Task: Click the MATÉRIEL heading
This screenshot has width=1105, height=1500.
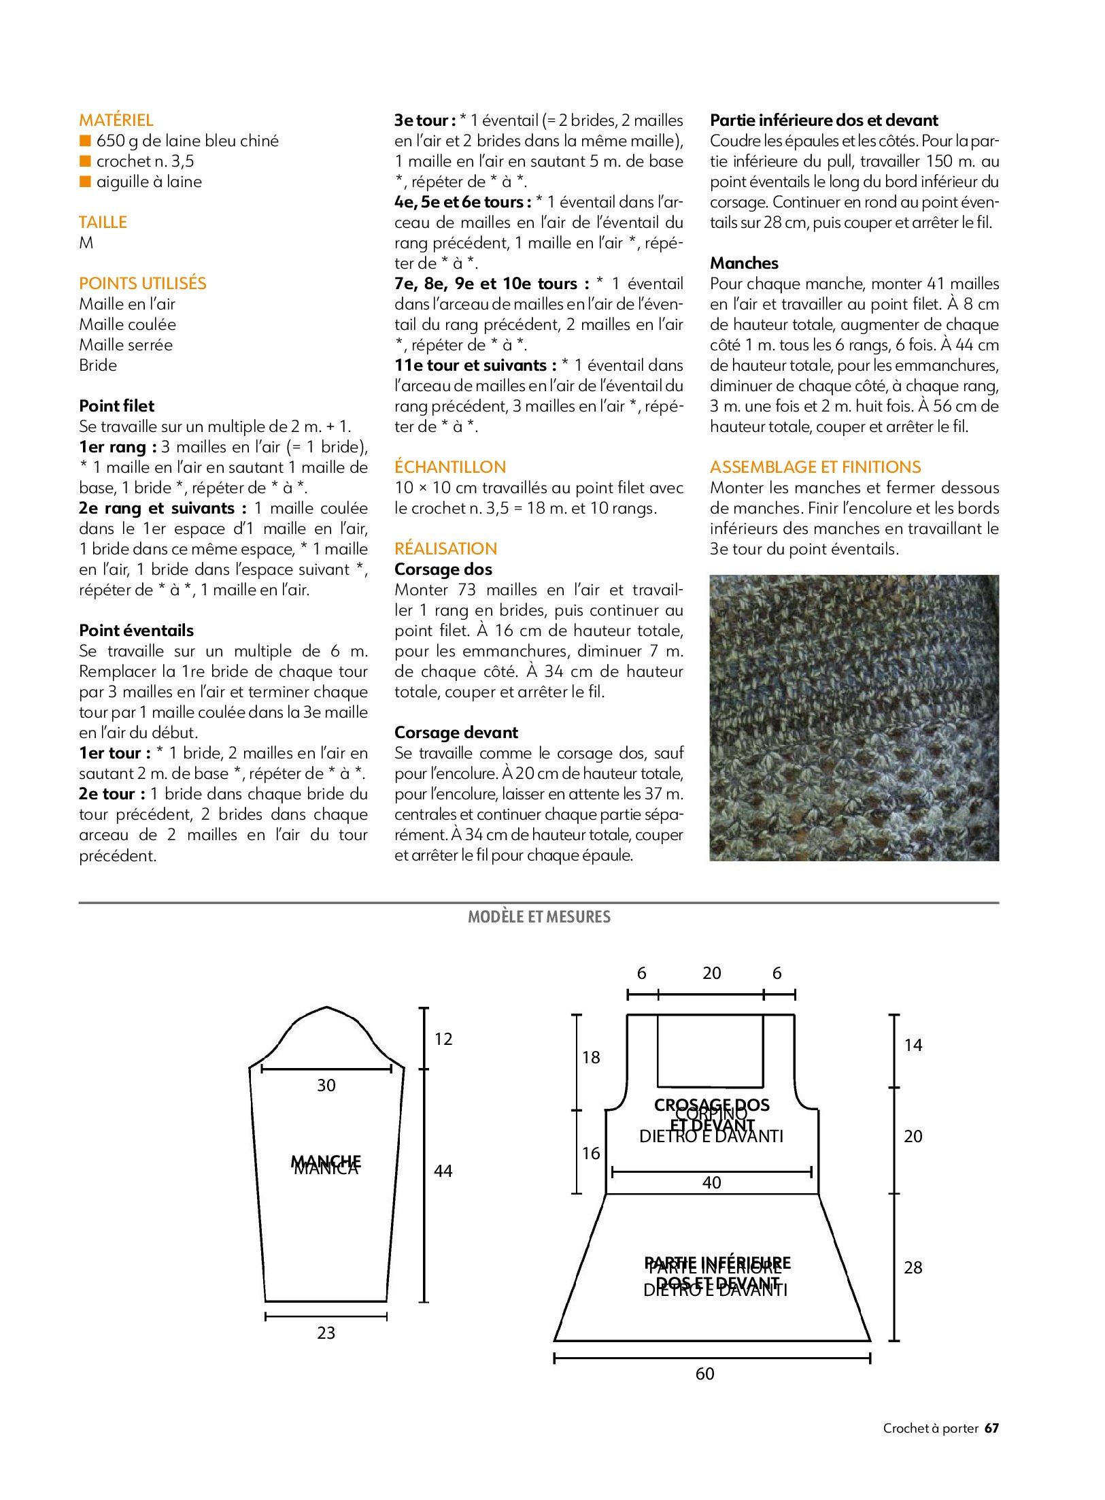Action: (116, 120)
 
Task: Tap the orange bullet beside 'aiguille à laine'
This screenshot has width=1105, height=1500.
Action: (85, 182)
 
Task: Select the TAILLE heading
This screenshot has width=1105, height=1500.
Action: (103, 222)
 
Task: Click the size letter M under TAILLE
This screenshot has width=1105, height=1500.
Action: (86, 243)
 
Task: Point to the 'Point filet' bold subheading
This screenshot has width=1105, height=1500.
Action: (117, 406)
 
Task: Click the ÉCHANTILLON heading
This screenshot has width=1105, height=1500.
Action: (450, 467)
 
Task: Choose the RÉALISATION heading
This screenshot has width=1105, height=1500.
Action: (445, 549)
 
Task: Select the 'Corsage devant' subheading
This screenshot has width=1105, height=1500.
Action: (456, 733)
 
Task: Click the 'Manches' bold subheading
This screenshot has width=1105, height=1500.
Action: (744, 263)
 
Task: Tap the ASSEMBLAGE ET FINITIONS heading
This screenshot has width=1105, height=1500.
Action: (815, 467)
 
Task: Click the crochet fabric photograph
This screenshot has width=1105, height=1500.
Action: (854, 718)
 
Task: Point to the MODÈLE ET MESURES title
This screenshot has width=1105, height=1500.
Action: (539, 917)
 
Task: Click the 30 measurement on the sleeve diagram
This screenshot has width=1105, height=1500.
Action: (326, 1086)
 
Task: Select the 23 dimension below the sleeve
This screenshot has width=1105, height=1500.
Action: (326, 1333)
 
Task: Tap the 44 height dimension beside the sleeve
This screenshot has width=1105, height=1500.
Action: (443, 1171)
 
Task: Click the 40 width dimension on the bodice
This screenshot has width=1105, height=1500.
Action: (712, 1183)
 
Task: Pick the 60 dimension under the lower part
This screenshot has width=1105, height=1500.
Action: (705, 1374)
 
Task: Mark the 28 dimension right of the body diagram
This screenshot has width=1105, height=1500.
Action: (913, 1267)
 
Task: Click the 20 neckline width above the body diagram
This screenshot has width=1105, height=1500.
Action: (712, 973)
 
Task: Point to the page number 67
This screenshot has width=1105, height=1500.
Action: (992, 1429)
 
